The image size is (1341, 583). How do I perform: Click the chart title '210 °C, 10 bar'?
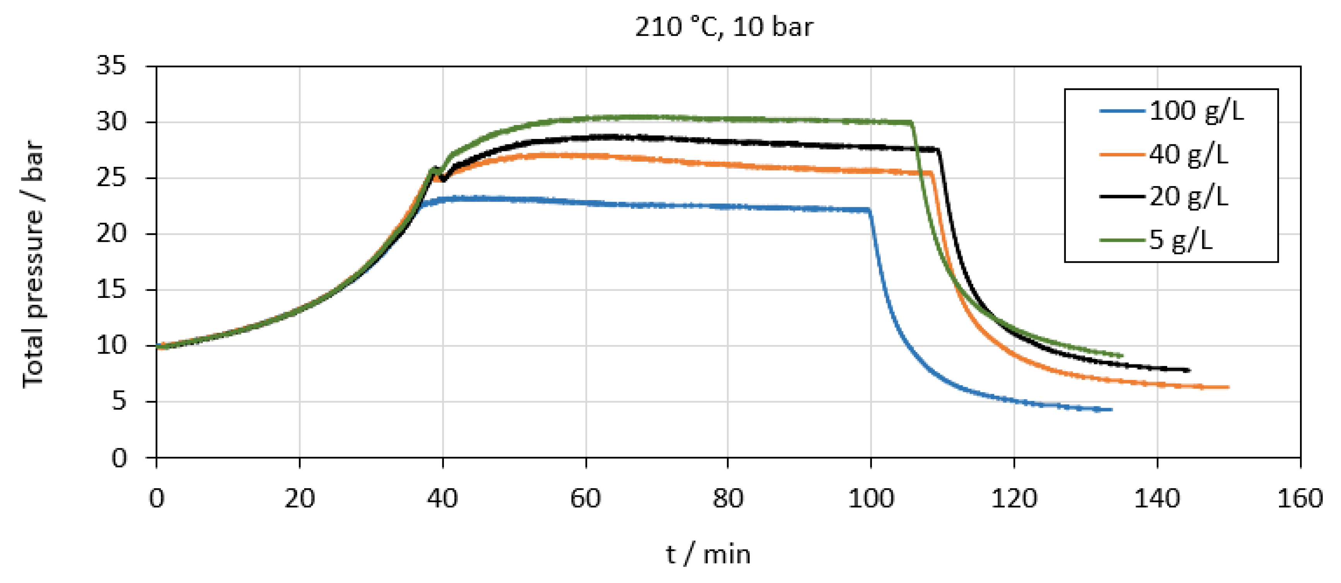(x=724, y=27)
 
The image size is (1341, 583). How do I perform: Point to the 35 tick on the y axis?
(x=111, y=67)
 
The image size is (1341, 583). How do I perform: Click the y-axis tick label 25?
(x=111, y=178)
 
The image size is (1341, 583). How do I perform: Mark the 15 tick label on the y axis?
(x=111, y=290)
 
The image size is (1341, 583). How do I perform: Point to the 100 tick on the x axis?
(x=871, y=499)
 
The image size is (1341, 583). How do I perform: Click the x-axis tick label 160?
(x=1300, y=499)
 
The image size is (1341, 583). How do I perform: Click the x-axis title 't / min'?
(x=708, y=555)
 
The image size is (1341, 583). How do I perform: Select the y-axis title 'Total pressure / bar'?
(x=33, y=263)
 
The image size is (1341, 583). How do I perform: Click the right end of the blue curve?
(x=1112, y=410)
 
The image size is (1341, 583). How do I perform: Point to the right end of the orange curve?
(x=1228, y=387)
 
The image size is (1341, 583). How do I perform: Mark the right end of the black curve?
(x=1189, y=370)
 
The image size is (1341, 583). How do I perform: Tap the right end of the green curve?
(x=1122, y=356)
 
